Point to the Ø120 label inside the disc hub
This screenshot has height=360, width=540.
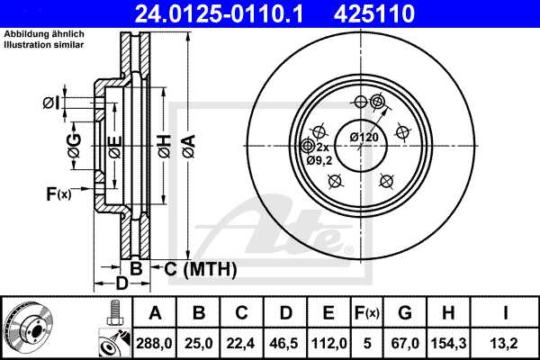click(364, 136)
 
